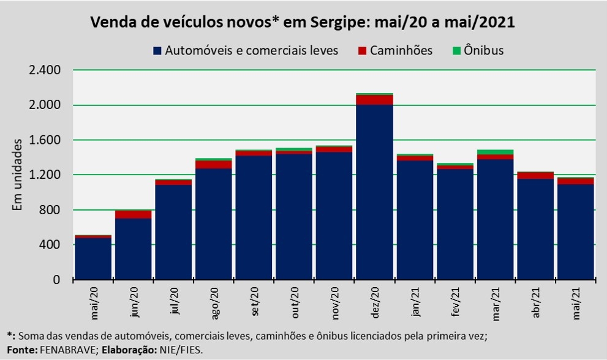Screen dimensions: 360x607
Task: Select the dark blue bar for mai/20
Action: coord(92,258)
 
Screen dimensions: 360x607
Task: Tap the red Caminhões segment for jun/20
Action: coord(133,214)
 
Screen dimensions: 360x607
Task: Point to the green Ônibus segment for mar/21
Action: coord(495,152)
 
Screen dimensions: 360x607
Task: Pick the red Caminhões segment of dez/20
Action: coord(374,100)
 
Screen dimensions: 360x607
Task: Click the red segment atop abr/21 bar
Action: coord(535,176)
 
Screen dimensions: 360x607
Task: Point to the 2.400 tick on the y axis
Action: coord(45,70)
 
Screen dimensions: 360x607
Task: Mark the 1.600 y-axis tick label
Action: coord(45,140)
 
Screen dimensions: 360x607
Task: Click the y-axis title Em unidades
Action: coord(18,175)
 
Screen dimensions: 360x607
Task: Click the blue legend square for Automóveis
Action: coord(157,51)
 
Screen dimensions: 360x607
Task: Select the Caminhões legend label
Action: coord(401,51)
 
